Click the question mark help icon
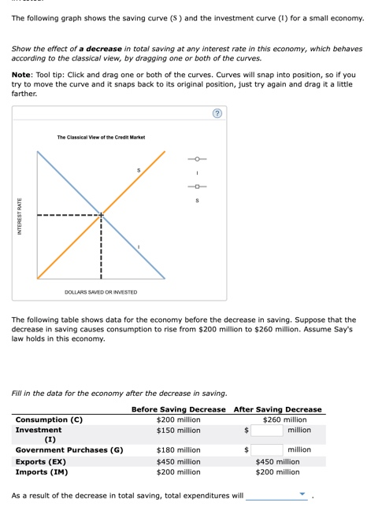coord(217,114)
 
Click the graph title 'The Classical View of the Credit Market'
coord(101,138)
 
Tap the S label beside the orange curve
coord(139,170)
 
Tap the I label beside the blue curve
coord(139,247)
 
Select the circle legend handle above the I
coord(196,158)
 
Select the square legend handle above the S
coord(196,187)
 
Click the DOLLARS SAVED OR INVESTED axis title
coord(101,292)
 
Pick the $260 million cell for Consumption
coord(277,420)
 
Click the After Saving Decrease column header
coord(277,409)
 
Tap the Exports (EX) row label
coord(41,462)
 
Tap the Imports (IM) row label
coord(42,472)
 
